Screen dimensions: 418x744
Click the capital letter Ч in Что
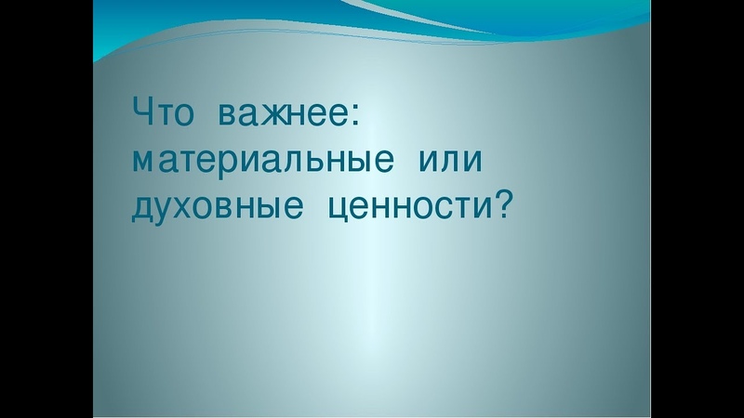coord(142,115)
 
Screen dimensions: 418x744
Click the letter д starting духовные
coord(143,209)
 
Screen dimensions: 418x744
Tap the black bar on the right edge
coord(697,209)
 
